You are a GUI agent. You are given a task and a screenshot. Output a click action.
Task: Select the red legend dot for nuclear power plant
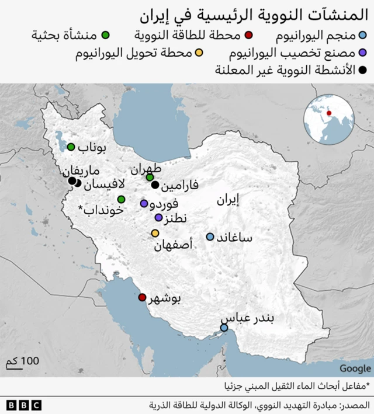coord(249,35)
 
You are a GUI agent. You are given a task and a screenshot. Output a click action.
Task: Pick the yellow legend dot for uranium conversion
coord(199,54)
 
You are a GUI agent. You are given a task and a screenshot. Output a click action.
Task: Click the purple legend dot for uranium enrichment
coord(363,54)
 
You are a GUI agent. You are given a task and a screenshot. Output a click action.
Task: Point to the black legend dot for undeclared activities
coord(363,71)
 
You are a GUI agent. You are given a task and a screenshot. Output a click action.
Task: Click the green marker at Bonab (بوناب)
coord(71,147)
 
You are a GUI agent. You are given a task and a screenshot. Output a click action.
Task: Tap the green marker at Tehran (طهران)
coord(150,177)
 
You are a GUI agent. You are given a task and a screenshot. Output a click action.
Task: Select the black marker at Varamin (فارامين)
coord(155,185)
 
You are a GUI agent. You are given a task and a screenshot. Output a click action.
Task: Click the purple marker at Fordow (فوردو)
coord(144,204)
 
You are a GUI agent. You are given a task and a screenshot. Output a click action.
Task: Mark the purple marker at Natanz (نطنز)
coord(158,218)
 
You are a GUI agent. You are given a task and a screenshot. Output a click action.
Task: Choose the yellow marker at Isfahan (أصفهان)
coord(155,234)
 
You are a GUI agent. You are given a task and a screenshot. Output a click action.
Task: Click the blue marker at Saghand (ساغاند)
coord(210,236)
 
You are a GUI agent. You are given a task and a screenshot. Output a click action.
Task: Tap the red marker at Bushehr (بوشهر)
coord(142,297)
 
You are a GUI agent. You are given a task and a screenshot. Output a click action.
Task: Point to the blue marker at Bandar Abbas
coord(224,328)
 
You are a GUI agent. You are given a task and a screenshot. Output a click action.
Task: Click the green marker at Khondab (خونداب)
coord(121,200)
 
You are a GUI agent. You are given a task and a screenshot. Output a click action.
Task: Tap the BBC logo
coord(24,405)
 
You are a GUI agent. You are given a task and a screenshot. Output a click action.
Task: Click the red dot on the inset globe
coord(328,113)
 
